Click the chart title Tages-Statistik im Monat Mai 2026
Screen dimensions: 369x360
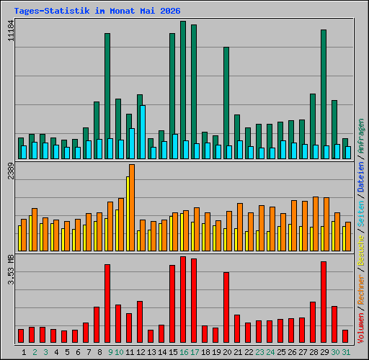tap(97, 11)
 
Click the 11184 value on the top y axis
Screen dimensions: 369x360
tap(11, 31)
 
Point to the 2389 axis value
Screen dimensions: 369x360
tap(11, 171)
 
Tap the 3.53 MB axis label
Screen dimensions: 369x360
tap(11, 270)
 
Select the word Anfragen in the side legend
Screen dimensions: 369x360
tap(361, 136)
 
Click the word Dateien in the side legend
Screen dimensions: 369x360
tap(361, 177)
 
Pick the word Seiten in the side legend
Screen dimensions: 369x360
tap(361, 214)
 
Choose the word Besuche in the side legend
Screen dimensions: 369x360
tap(361, 250)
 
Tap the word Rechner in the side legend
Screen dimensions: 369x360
tap(361, 289)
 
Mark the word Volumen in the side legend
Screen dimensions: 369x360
tap(361, 328)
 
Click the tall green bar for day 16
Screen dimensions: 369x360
tap(183, 90)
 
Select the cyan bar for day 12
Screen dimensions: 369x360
tap(143, 132)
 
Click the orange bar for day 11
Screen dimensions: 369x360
tap(132, 207)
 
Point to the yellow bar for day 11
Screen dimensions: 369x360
tap(128, 214)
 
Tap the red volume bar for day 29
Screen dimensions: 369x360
tap(324, 302)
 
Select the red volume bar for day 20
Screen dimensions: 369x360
tap(226, 307)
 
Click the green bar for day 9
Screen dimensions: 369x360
tap(107, 96)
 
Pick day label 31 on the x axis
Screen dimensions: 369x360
tap(346, 352)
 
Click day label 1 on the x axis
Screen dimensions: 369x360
tap(24, 352)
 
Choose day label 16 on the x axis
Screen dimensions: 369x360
tap(184, 352)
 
